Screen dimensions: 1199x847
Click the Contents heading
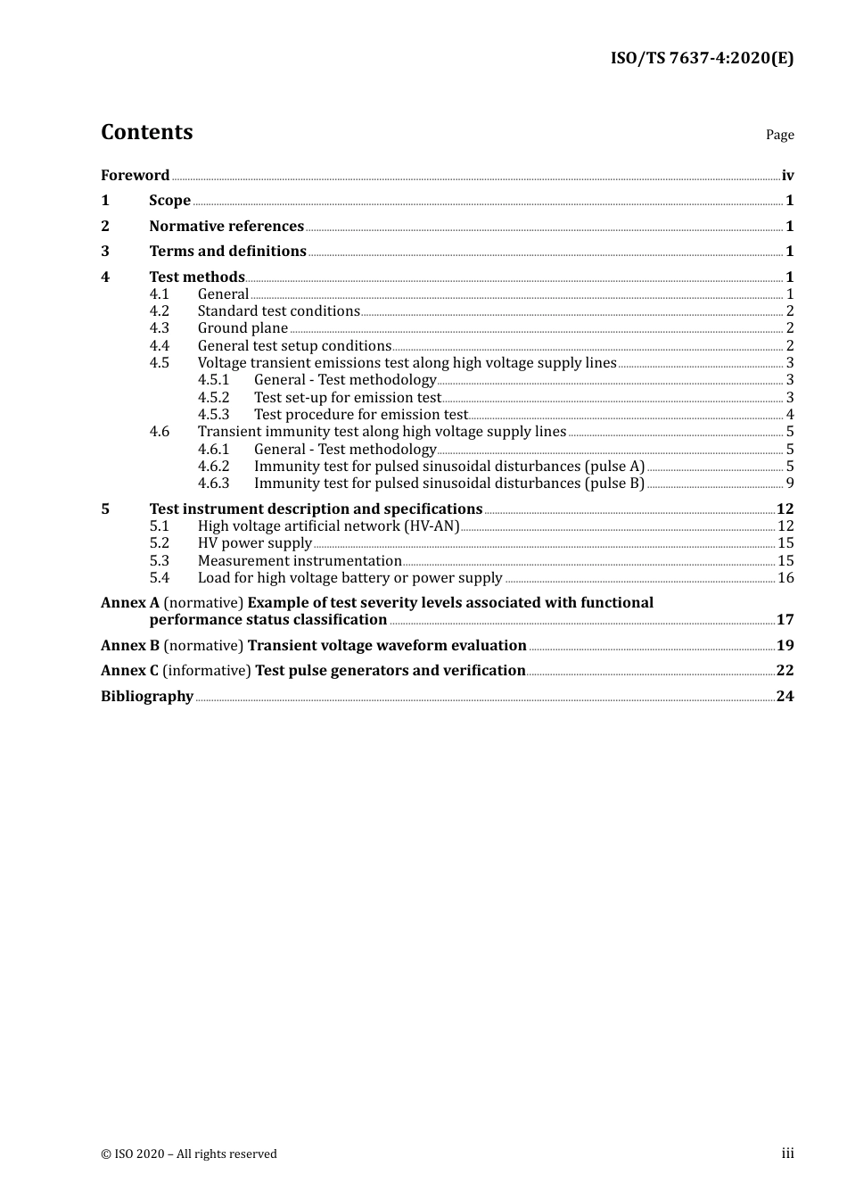[x=146, y=132]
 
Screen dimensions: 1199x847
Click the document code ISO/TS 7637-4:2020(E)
[x=702, y=59]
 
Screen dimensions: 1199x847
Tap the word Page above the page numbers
[x=779, y=135]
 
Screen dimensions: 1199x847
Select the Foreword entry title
[x=135, y=176]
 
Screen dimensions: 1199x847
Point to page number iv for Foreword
[x=787, y=176]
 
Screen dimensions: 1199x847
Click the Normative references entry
[x=226, y=227]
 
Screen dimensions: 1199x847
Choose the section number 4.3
[x=159, y=328]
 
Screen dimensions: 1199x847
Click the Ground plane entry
[x=243, y=328]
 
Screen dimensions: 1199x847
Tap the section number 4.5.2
[x=213, y=398]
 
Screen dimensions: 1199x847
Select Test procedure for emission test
[x=360, y=415]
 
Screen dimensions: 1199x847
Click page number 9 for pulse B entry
[x=790, y=484]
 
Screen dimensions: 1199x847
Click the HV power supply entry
[x=255, y=543]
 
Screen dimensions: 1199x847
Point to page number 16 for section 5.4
[x=785, y=578]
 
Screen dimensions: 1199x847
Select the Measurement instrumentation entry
[x=300, y=561]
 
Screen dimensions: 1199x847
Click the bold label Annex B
[x=130, y=646]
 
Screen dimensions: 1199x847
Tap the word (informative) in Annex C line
[x=207, y=671]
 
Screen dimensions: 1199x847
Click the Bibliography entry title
[x=147, y=697]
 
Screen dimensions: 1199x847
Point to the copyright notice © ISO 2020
[x=189, y=1154]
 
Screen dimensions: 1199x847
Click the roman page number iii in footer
[x=787, y=1154]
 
